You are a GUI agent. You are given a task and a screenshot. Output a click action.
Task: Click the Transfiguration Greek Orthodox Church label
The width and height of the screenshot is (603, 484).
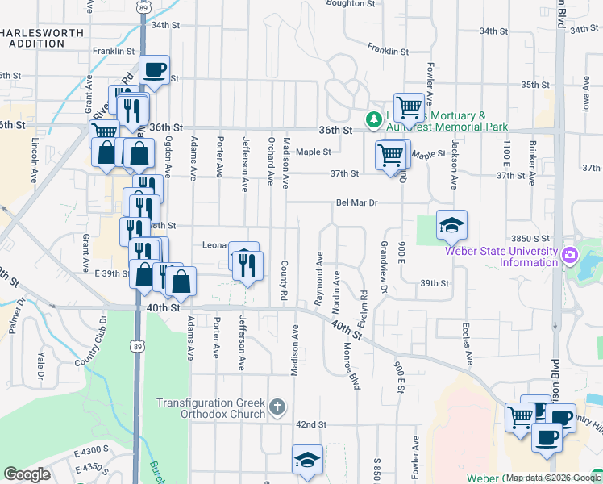211,408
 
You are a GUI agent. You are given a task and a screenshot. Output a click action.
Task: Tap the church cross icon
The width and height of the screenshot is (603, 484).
277,407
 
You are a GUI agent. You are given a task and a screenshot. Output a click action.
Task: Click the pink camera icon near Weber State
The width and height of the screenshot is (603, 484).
570,255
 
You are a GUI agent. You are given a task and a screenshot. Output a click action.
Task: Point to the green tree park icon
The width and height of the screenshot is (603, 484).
373,120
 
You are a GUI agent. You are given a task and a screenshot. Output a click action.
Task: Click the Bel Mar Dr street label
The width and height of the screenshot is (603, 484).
357,203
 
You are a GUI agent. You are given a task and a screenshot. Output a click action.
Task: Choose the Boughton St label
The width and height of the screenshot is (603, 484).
351,4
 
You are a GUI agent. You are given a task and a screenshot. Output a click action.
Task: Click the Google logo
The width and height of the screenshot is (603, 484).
27,474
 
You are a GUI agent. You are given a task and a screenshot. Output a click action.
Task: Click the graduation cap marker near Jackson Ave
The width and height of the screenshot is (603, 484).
451,226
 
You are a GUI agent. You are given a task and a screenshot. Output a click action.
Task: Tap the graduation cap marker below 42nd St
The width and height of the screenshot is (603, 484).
306,461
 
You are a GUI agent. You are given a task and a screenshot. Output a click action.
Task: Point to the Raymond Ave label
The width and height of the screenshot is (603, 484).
319,277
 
